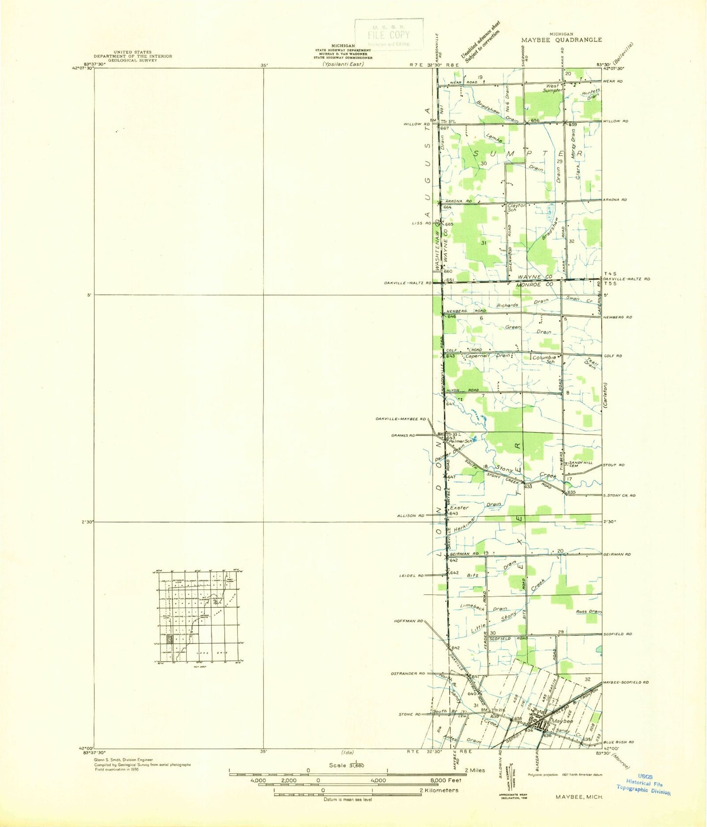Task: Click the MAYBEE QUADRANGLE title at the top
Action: (x=561, y=40)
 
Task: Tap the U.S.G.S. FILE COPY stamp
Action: (x=389, y=34)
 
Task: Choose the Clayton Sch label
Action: (x=516, y=208)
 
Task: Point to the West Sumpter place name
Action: (x=553, y=88)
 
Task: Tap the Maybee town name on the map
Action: (x=562, y=721)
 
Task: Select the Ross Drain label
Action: (x=589, y=611)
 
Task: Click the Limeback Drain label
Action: (x=484, y=608)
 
